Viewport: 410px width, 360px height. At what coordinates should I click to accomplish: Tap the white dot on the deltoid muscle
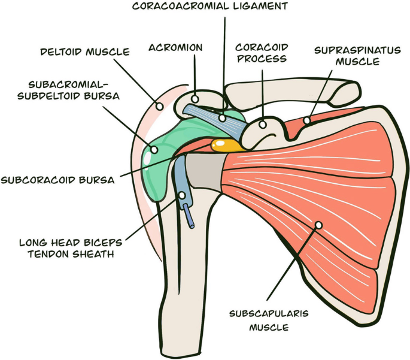click(160, 106)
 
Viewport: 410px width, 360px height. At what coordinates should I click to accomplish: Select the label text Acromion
click(175, 47)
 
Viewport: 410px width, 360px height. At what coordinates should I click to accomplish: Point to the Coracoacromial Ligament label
click(209, 7)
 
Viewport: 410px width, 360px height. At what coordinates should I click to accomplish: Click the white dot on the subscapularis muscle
click(318, 225)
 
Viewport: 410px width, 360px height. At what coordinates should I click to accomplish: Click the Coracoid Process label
click(261, 53)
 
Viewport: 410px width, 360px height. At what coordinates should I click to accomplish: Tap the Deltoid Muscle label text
click(84, 52)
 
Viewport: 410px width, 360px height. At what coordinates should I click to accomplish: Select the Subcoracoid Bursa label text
click(57, 179)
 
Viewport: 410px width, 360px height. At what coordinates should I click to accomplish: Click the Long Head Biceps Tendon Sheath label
click(71, 249)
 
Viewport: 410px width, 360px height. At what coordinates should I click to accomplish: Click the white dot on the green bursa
click(154, 149)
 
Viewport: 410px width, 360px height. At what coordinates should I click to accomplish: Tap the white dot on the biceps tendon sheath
click(182, 195)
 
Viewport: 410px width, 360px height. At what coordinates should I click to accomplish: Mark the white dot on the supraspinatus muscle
click(306, 120)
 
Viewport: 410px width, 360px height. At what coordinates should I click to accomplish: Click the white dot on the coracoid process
click(262, 125)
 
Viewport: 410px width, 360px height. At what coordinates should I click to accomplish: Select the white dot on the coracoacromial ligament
click(223, 118)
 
